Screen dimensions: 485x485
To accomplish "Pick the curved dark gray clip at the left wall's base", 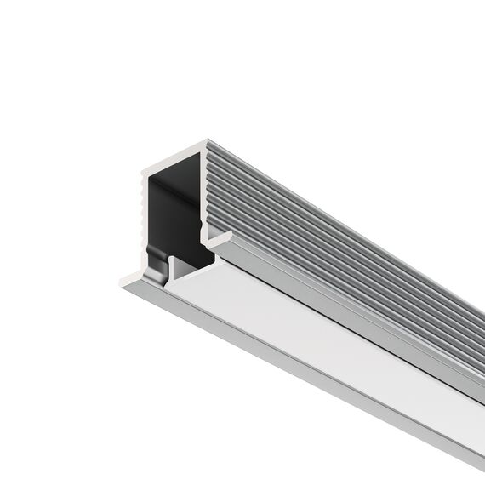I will [x=156, y=255].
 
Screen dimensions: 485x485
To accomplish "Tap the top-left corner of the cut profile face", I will [x=144, y=168].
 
